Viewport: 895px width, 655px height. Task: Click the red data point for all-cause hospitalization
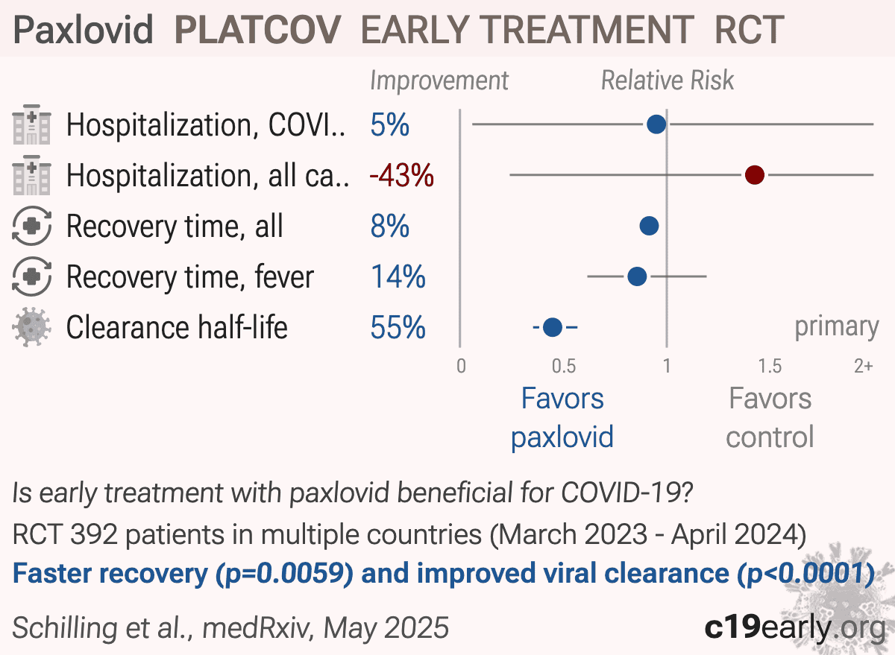point(755,175)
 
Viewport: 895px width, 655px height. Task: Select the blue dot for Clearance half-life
point(553,327)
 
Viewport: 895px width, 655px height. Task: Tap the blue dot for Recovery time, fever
point(637,276)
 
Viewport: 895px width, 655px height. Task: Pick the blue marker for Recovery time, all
point(649,226)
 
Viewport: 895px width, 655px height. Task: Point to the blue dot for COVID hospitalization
point(656,124)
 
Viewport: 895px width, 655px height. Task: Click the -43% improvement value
point(401,175)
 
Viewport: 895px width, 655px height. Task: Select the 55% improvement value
point(398,327)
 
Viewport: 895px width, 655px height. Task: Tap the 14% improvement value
point(398,276)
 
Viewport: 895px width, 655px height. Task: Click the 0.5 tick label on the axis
point(564,366)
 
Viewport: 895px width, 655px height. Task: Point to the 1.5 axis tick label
point(770,366)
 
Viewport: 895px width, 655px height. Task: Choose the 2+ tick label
point(864,366)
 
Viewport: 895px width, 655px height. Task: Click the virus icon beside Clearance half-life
point(31,326)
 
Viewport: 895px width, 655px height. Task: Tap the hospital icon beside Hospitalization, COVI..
point(31,124)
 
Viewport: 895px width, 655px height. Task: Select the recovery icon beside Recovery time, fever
point(31,276)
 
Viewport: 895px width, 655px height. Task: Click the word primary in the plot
point(837,327)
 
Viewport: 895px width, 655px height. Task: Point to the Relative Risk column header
point(668,80)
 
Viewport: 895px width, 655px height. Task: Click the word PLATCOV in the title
point(258,30)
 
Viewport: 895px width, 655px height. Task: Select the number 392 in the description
point(94,534)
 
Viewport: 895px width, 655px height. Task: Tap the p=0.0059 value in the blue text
point(284,574)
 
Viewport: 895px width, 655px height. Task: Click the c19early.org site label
point(795,627)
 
